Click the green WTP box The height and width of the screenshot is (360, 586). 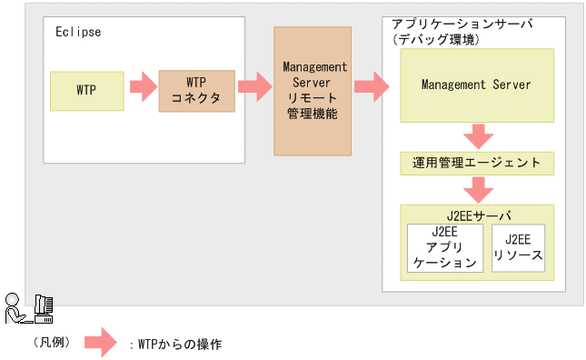[87, 90]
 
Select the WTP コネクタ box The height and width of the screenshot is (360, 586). [195, 90]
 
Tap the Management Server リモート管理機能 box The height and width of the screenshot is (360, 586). [312, 90]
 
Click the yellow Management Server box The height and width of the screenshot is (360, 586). [476, 85]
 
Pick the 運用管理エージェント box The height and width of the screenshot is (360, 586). [476, 164]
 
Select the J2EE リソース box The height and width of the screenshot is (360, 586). [518, 248]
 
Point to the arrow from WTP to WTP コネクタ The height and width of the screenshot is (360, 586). [142, 89]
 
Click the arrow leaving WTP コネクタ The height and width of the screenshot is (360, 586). [254, 89]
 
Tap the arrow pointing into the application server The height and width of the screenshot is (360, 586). [371, 89]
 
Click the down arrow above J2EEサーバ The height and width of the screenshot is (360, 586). [477, 189]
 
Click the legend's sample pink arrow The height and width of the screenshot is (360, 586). [102, 344]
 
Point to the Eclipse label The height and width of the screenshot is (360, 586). [77, 32]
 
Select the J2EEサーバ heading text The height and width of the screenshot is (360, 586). [476, 215]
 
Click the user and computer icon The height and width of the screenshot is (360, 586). [28, 309]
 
